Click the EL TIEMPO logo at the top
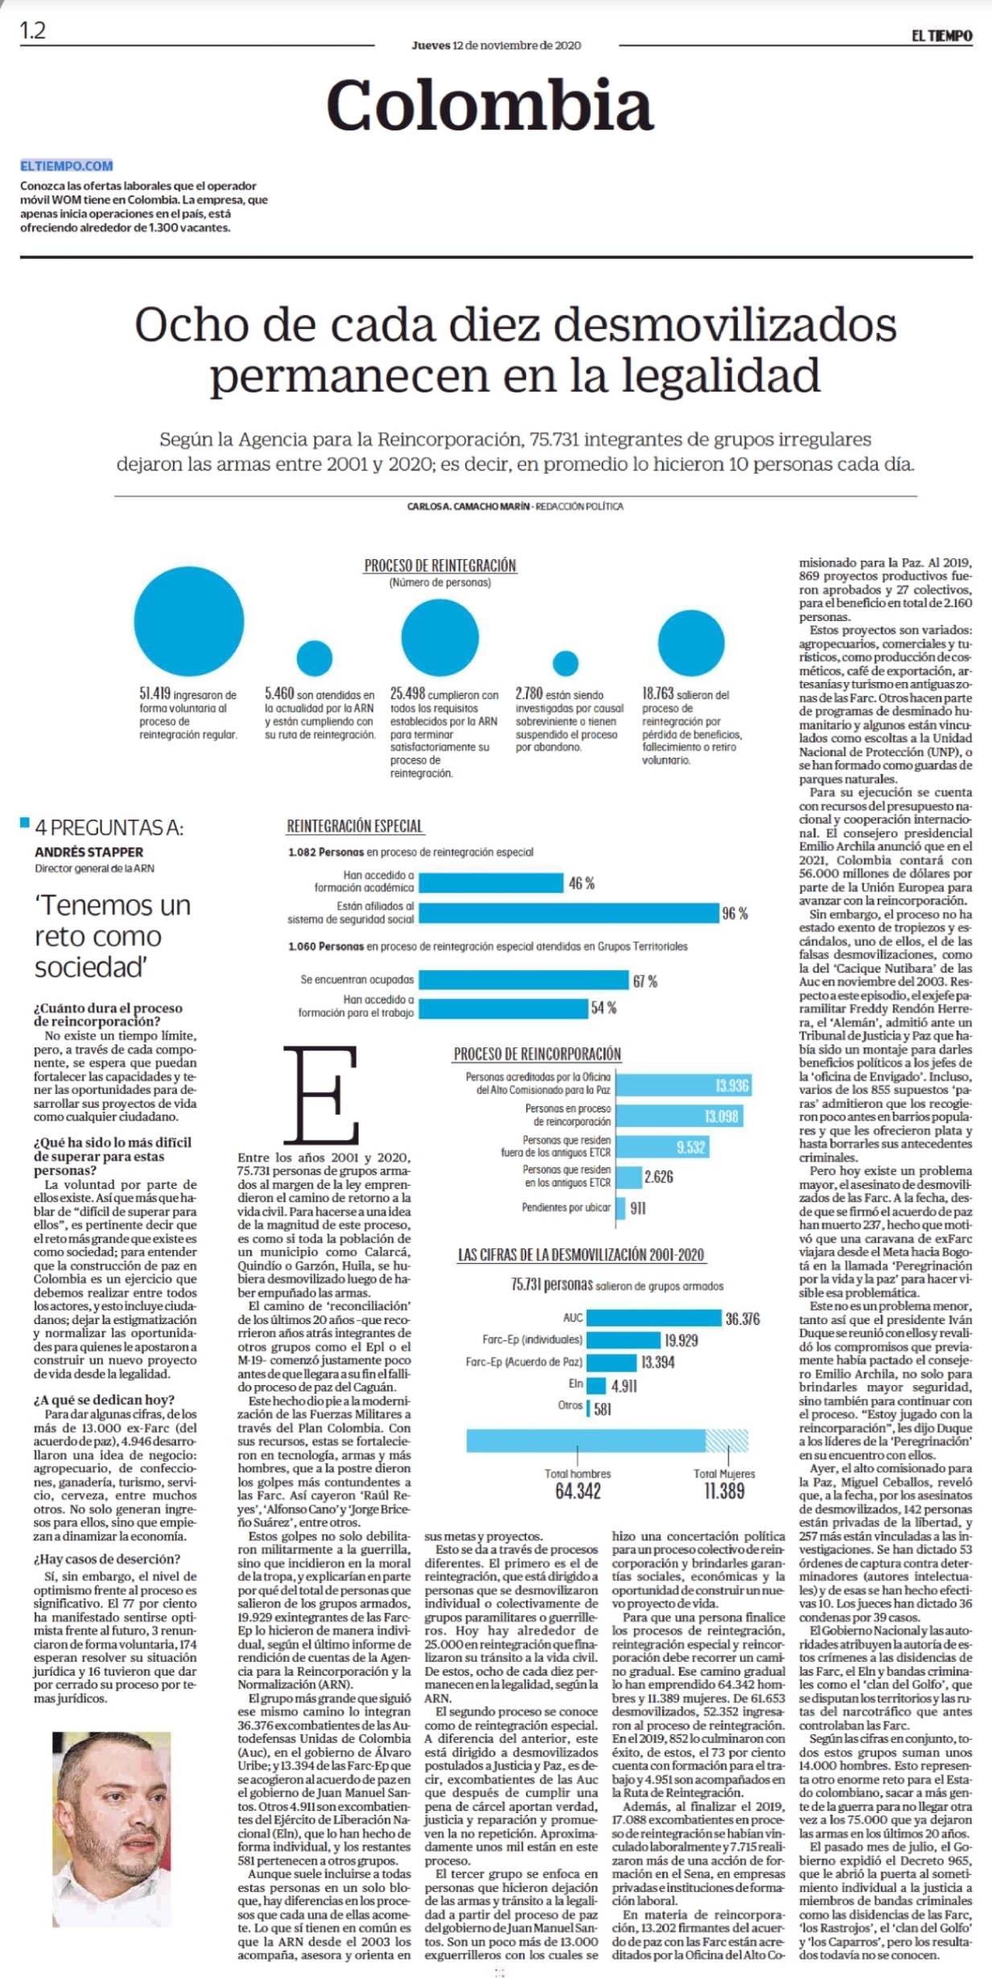[x=941, y=35]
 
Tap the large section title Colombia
[x=490, y=105]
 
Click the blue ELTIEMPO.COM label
[x=67, y=166]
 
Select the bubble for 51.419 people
[x=189, y=621]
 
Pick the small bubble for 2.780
[x=566, y=663]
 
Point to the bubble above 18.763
[x=691, y=644]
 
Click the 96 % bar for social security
[x=569, y=913]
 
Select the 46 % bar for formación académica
[x=491, y=883]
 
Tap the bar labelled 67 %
[x=524, y=980]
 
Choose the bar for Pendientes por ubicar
[x=620, y=1207]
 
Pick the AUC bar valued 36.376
[x=654, y=1318]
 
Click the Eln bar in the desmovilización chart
[x=596, y=1385]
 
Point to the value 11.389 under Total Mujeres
[x=724, y=1491]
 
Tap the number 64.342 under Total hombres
[x=578, y=1491]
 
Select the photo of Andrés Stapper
[x=112, y=1829]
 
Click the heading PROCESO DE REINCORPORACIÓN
[x=537, y=1054]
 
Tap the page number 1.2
[x=33, y=31]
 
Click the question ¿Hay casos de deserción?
[x=107, y=1558]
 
